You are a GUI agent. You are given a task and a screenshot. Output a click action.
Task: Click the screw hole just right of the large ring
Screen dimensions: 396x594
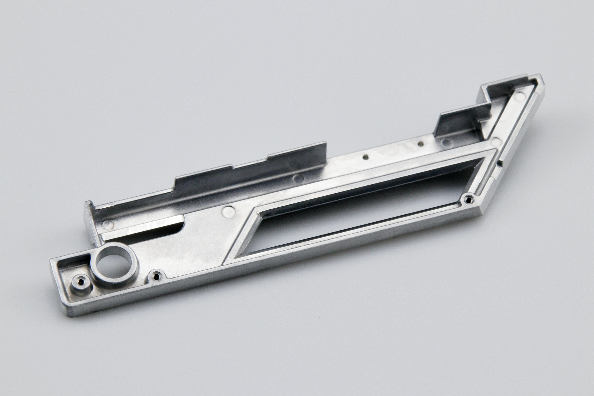coord(157,275)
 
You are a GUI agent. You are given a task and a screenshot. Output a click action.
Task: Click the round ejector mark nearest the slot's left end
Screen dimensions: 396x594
coord(109,223)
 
